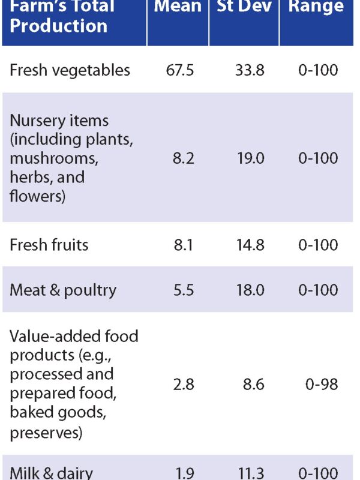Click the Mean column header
click(178, 7)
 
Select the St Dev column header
click(244, 7)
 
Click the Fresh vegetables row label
click(70, 70)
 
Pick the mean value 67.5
click(179, 70)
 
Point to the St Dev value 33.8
click(250, 70)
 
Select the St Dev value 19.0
click(250, 158)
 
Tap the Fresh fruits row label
click(49, 245)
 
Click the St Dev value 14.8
click(250, 245)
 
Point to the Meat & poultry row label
click(62, 290)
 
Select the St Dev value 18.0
click(250, 290)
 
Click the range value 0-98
click(321, 384)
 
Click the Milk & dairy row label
click(51, 473)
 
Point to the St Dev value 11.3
click(250, 473)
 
